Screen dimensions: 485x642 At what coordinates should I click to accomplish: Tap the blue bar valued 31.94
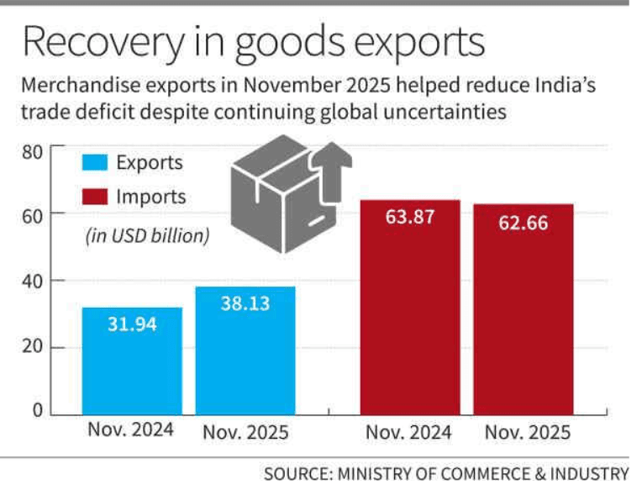pyautogui.click(x=132, y=361)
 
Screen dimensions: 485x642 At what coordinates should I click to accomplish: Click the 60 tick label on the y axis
pyautogui.click(x=32, y=215)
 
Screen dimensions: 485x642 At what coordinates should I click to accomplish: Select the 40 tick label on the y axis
pyautogui.click(x=32, y=281)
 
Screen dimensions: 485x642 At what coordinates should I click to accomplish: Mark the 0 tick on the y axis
pyautogui.click(x=38, y=411)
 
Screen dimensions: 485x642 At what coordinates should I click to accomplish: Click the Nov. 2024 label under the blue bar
pyautogui.click(x=130, y=430)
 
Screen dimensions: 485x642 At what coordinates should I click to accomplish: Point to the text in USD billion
pyautogui.click(x=147, y=236)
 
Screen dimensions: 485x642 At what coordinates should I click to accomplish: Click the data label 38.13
pyautogui.click(x=245, y=303)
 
